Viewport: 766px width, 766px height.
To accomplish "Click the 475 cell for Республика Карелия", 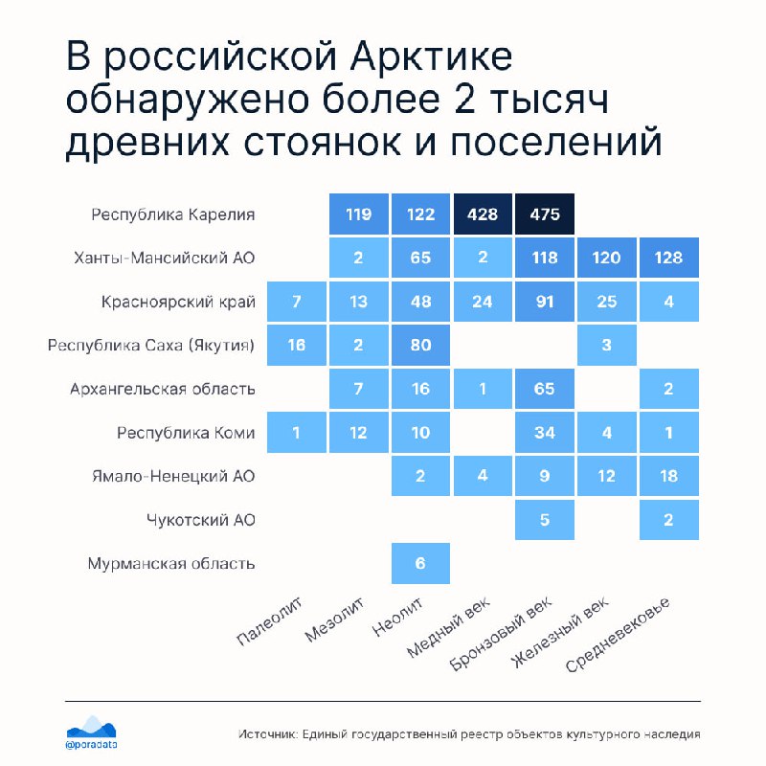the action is click(545, 214).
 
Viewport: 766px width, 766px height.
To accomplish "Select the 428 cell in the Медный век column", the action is click(483, 214).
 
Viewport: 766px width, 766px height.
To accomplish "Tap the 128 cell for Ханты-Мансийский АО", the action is click(669, 258).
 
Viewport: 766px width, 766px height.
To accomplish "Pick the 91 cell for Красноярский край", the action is click(545, 302).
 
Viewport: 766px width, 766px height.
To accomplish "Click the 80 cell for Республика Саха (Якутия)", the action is click(420, 345).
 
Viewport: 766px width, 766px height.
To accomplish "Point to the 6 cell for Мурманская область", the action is click(420, 563).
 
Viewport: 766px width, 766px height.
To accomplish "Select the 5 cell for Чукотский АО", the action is click(545, 520).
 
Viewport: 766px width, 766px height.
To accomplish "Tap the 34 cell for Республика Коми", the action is click(545, 433).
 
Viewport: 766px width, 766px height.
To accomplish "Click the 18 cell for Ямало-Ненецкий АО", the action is click(669, 476).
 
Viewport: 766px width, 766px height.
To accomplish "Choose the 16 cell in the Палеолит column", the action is click(297, 345).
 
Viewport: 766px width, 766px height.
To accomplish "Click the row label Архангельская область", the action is click(163, 390).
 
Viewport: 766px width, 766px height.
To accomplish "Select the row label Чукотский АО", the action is click(201, 520).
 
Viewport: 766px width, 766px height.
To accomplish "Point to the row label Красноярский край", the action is click(178, 302).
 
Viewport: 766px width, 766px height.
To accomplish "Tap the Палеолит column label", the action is click(269, 620).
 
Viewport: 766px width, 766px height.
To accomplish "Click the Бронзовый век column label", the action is click(501, 634).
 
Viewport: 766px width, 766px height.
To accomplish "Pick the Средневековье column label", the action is click(618, 635).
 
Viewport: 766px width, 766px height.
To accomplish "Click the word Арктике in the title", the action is click(432, 56).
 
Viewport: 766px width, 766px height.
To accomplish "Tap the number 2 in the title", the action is click(464, 100).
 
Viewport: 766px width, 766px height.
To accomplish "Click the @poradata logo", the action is click(91, 732).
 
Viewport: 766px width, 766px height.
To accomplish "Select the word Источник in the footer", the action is click(268, 733).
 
